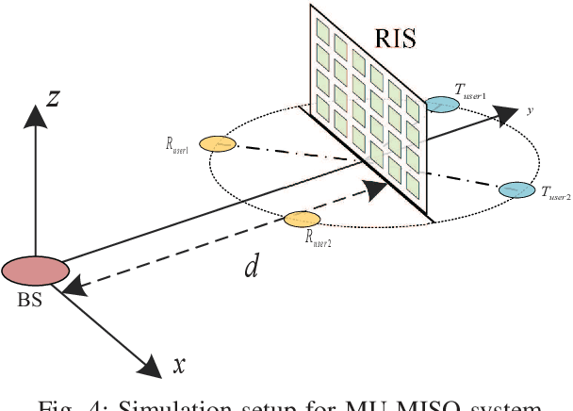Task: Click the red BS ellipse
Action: tap(36, 271)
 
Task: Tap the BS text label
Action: tap(30, 303)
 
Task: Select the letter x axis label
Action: tap(178, 366)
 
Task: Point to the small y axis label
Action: tap(530, 110)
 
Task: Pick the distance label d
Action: tap(251, 267)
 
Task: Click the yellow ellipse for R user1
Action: tap(218, 144)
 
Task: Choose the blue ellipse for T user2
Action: tap(516, 189)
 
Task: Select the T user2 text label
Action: tap(556, 192)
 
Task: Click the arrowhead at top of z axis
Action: tap(35, 115)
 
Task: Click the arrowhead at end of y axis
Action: tap(508, 115)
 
